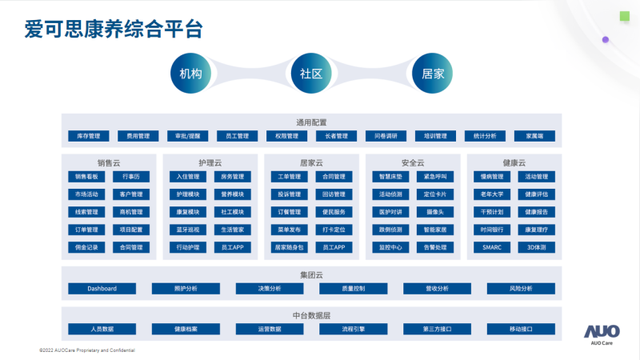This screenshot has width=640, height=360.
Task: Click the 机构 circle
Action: pos(190,73)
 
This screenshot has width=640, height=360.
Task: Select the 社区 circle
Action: pos(311,73)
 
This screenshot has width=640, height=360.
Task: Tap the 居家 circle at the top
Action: pos(433,73)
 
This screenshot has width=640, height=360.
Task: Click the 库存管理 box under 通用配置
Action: pos(88,136)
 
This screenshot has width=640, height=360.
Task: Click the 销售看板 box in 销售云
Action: pos(86,177)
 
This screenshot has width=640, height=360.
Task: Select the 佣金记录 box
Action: pos(86,247)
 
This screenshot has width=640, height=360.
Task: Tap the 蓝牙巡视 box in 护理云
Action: pos(187,230)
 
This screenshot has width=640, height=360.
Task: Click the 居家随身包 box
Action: pos(289,247)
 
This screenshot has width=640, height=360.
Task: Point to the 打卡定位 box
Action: pos(334,230)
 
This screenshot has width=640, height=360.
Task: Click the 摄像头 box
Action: pos(435,212)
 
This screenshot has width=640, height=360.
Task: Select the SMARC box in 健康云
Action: pos(492,247)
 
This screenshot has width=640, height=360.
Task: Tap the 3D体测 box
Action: pos(537,247)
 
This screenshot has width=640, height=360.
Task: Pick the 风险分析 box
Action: pos(521,288)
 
